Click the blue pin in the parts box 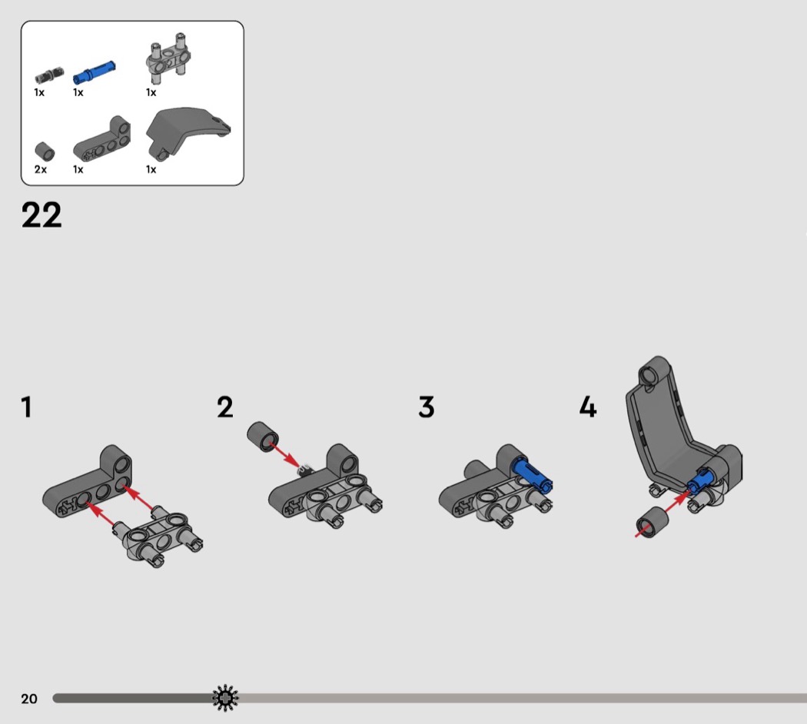click(95, 71)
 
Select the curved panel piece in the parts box click(186, 131)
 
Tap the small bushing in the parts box click(45, 152)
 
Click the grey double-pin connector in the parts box click(168, 58)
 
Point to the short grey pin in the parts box click(49, 75)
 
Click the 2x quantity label click(40, 169)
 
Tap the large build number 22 click(42, 214)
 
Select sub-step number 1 click(27, 407)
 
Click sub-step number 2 click(225, 407)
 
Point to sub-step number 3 click(426, 407)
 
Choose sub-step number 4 click(588, 407)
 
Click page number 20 click(29, 699)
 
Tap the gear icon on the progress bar click(225, 699)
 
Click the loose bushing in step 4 click(652, 523)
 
